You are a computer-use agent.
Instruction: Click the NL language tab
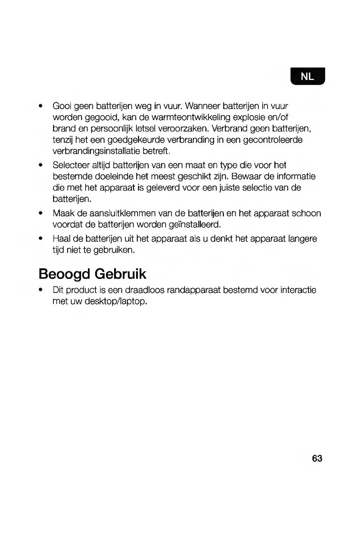click(307, 77)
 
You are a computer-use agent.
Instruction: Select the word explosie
click(258, 117)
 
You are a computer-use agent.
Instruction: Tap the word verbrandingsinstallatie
click(96, 151)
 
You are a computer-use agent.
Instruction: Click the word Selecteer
click(70, 165)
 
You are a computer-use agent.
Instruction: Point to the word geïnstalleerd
click(194, 225)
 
